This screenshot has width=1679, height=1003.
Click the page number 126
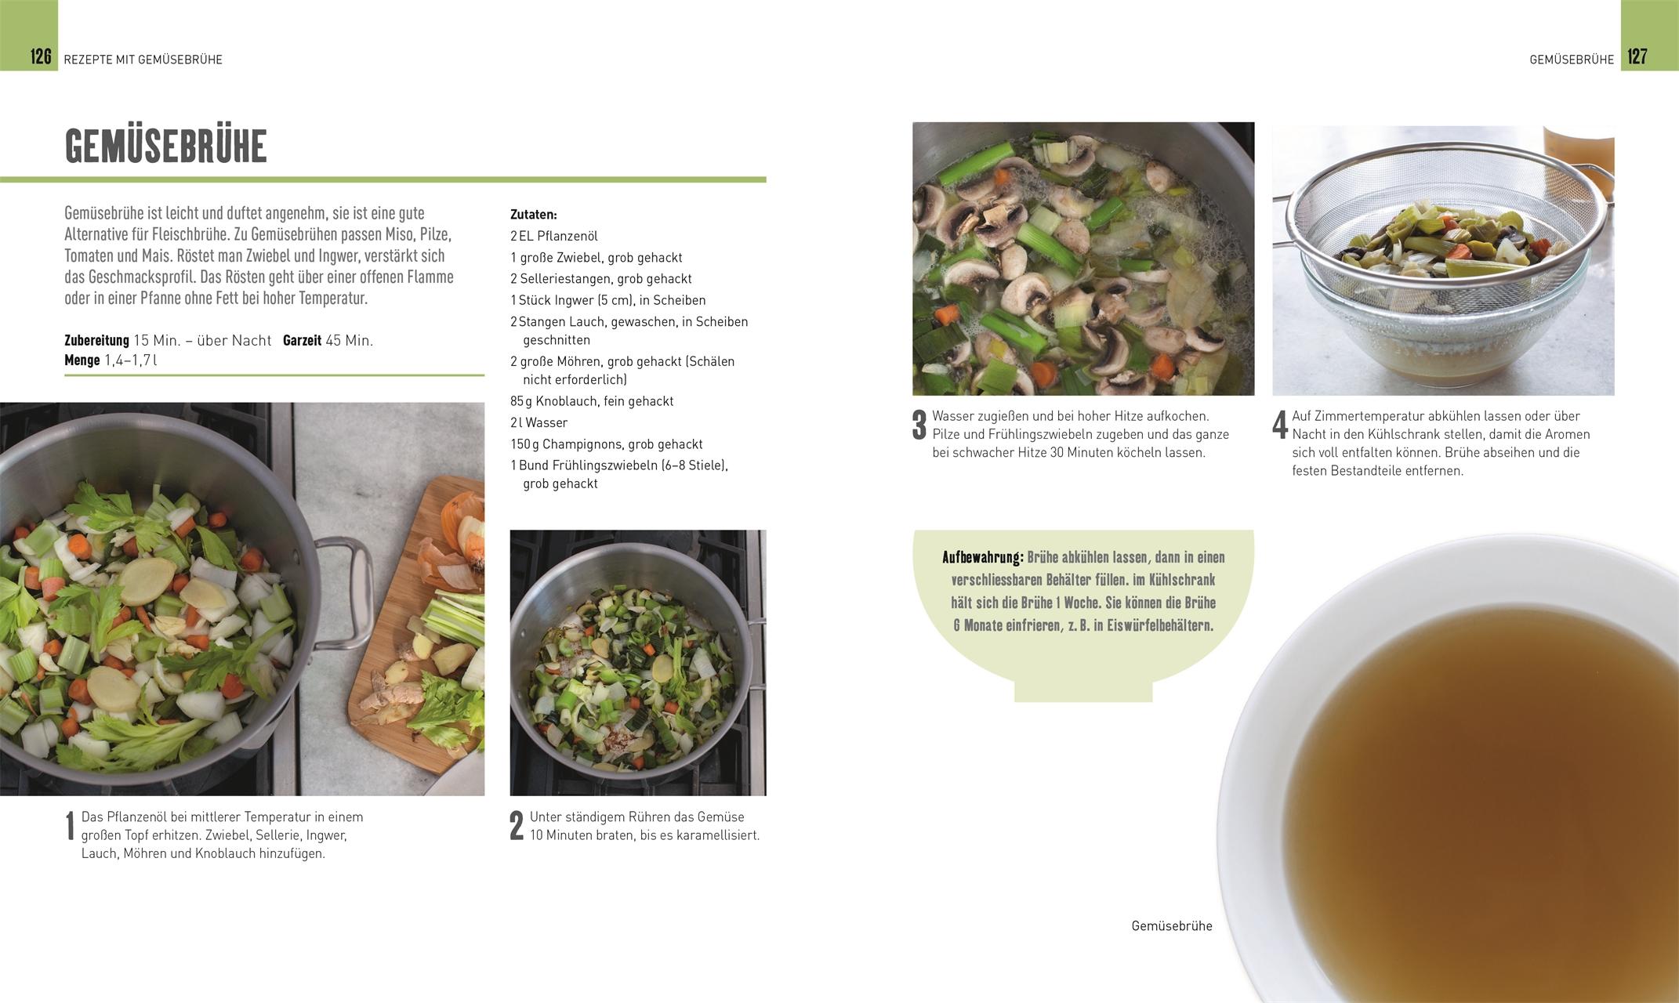[x=41, y=56]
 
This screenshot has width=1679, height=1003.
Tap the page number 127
[x=1637, y=56]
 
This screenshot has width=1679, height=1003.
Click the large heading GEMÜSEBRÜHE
[x=166, y=146]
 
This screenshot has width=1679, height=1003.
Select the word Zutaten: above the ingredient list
[x=534, y=214]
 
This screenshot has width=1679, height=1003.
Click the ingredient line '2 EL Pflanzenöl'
[x=554, y=236]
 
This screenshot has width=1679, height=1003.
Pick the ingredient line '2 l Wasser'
[x=539, y=422]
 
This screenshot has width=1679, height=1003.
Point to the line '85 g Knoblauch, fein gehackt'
[x=592, y=401]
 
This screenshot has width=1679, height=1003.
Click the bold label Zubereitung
[x=96, y=341]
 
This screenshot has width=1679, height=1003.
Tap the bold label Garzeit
[x=302, y=341]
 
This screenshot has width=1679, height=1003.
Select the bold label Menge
[x=82, y=360]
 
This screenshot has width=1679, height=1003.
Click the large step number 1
[x=70, y=827]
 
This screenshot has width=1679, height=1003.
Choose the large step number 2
[x=517, y=827]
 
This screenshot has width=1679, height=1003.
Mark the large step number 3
[x=919, y=425]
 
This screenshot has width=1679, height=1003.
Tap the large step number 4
[x=1280, y=425]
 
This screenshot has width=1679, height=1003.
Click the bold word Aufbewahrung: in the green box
[x=983, y=558]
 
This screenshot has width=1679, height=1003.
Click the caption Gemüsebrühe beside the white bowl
[x=1172, y=926]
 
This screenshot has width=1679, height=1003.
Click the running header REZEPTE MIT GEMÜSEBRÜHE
[x=143, y=60]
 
